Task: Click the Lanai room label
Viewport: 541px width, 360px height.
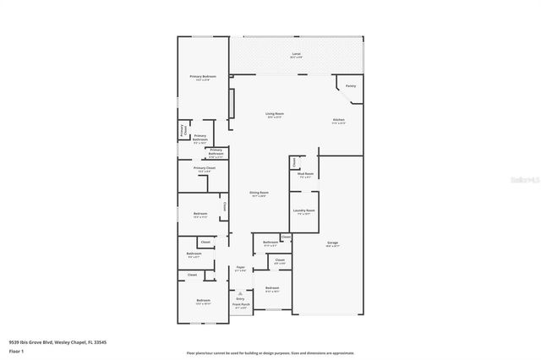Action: click(x=296, y=55)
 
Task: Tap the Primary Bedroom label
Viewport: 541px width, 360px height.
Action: click(x=203, y=78)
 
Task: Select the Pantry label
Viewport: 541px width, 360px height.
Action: click(x=351, y=85)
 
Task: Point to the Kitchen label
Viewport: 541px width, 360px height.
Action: click(x=338, y=121)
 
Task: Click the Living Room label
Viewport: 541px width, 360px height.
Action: click(x=275, y=114)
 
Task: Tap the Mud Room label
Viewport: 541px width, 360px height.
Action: click(x=305, y=175)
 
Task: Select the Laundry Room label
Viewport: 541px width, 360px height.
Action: click(x=304, y=211)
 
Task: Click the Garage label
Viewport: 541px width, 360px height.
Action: click(x=333, y=244)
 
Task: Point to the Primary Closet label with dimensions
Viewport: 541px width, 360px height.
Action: click(x=205, y=169)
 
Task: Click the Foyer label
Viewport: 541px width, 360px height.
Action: click(x=241, y=269)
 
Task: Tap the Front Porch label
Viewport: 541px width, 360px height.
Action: click(x=241, y=306)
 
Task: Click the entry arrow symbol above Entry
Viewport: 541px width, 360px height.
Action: click(x=241, y=292)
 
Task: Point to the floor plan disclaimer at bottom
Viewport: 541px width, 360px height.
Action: click(x=270, y=352)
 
